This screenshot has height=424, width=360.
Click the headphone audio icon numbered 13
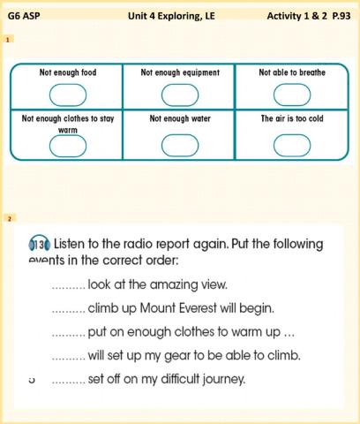point(40,244)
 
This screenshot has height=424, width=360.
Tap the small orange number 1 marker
point(8,39)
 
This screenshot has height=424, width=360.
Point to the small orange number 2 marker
point(10,219)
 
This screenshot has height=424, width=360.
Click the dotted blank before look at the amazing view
point(69,288)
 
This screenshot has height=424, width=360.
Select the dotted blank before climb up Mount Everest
point(69,312)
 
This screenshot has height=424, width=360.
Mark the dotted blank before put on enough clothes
point(69,336)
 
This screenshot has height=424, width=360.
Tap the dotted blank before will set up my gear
point(69,359)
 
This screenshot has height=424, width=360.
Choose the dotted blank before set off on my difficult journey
point(69,382)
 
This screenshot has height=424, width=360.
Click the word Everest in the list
point(198,308)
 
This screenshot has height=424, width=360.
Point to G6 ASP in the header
point(24,16)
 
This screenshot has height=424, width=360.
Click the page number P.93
point(341,16)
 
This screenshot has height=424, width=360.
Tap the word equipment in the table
point(201,72)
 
